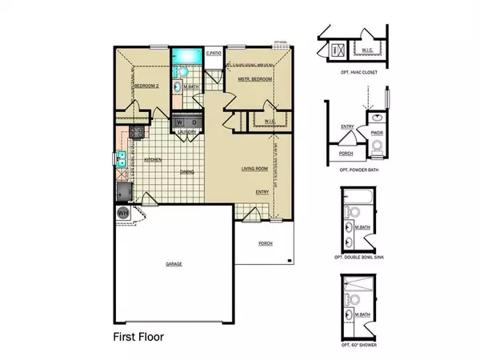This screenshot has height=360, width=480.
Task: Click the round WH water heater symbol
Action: [x=124, y=214]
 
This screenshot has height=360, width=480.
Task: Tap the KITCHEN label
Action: [x=154, y=160]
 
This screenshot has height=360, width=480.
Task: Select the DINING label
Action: [x=186, y=171]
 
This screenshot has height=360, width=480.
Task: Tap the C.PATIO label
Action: [x=213, y=54]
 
